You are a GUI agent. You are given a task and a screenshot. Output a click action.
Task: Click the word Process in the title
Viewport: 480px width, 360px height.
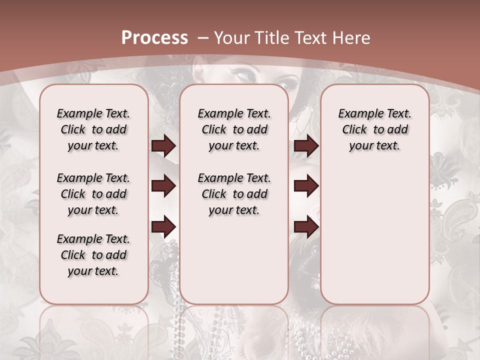(x=154, y=37)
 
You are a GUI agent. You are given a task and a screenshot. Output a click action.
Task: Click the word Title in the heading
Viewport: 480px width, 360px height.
(x=271, y=38)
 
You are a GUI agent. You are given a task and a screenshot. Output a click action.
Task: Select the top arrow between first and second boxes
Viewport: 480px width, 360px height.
(x=163, y=146)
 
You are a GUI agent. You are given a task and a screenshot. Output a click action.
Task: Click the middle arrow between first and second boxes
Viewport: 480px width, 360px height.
(x=163, y=186)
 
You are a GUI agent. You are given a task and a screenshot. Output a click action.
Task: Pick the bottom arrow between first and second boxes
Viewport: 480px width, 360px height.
(x=163, y=227)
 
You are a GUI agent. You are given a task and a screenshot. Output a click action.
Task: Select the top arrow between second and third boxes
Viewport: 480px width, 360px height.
(x=306, y=146)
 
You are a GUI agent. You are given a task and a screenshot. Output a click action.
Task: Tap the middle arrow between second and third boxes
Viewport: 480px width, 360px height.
(x=306, y=186)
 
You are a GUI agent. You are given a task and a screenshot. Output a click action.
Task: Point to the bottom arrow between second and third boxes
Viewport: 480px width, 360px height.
(x=306, y=227)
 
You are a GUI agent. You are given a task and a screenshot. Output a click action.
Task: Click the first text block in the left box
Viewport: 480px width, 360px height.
(x=93, y=129)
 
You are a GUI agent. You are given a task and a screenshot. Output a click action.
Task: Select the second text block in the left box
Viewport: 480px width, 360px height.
(x=93, y=194)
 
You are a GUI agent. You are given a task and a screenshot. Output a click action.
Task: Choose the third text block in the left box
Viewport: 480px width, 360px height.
(x=93, y=255)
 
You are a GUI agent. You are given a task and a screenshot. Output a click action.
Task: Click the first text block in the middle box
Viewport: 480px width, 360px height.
(x=234, y=129)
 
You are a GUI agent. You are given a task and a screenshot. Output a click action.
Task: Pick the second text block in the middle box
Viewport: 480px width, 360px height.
(x=234, y=194)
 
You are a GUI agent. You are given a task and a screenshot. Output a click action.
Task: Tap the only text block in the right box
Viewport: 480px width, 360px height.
(x=374, y=129)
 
